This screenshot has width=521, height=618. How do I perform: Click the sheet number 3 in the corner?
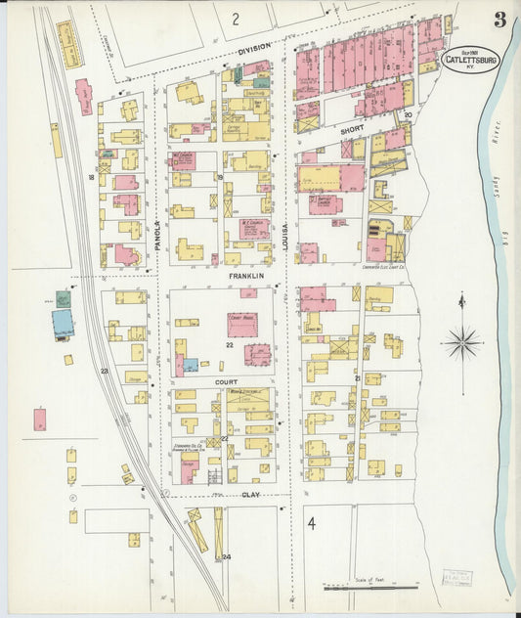click(x=499, y=20)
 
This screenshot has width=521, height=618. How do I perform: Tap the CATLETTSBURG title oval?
click(x=471, y=60)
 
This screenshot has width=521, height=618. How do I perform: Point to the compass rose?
click(x=461, y=341)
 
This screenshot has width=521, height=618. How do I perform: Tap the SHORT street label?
click(x=351, y=128)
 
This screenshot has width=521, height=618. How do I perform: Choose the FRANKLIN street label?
click(x=246, y=277)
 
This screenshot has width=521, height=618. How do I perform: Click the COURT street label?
click(x=240, y=382)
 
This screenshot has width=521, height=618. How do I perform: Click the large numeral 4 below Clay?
click(x=311, y=524)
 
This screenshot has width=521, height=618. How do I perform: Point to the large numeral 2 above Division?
click(x=236, y=18)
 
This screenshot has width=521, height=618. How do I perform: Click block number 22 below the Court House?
click(x=228, y=345)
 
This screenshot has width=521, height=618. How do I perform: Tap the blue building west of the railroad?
click(x=63, y=322)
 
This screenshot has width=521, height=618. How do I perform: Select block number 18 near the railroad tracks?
click(x=91, y=177)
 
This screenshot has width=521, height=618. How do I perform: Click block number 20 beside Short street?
click(x=408, y=114)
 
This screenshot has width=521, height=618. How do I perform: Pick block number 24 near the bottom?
click(x=227, y=557)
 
